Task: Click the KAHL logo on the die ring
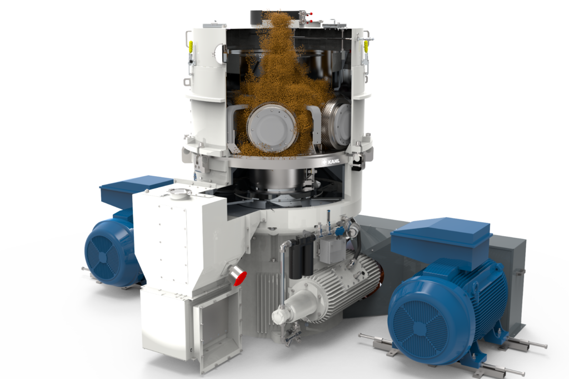click(x=330, y=161)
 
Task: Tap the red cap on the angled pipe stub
click(x=241, y=278)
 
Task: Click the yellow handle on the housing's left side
click(x=191, y=47)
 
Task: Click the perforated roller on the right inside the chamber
click(x=336, y=122)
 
